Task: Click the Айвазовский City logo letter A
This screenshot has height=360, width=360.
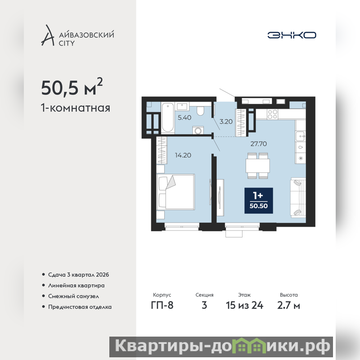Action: coord(48,36)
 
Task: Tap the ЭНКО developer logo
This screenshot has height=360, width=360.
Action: coord(292,35)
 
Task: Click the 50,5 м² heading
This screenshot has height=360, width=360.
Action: coord(72,87)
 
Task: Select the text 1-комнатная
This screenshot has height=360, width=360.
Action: coord(76,108)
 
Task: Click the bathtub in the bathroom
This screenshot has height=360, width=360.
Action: coord(167,117)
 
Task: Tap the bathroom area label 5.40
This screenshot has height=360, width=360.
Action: coord(184,117)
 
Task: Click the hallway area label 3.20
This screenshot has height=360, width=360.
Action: coord(226,121)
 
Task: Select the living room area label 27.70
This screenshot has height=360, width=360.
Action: coord(258,144)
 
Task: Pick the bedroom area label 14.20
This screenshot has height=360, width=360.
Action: coord(183,155)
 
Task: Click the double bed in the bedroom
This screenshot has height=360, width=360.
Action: coord(175,192)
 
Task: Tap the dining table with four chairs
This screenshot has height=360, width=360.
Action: coord(257,166)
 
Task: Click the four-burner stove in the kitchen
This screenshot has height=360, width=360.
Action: coord(273,114)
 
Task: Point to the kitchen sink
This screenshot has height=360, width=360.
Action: coord(300,136)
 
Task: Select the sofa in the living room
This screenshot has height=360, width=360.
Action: coord(298,198)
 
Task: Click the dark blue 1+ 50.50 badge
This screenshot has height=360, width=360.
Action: coord(258,200)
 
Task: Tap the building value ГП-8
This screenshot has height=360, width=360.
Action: coord(162,306)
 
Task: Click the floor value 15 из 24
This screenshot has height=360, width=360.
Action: coord(244,306)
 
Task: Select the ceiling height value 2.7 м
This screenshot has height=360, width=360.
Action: coord(288,306)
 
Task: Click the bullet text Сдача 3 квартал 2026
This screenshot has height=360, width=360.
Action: coord(78,274)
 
